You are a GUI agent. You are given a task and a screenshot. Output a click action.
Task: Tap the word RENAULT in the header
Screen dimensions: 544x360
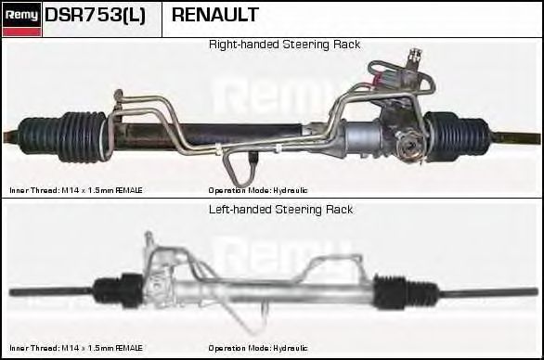215,16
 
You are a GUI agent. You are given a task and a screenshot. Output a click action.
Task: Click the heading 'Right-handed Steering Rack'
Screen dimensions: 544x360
284,45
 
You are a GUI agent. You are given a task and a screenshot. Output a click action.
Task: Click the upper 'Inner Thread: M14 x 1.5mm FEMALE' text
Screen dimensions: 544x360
76,189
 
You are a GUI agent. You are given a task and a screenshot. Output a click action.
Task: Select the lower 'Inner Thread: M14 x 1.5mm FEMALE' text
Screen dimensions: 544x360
76,349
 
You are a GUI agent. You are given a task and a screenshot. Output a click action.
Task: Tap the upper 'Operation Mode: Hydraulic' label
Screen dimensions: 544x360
258,189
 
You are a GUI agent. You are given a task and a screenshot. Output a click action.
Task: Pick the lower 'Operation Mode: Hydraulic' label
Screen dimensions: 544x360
258,349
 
